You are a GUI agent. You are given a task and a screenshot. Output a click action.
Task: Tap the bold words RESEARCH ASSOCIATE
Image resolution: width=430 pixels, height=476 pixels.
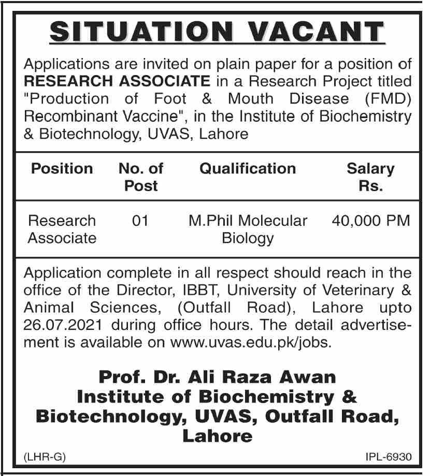click(118, 81)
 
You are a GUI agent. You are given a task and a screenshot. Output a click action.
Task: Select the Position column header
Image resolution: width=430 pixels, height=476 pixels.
click(62, 169)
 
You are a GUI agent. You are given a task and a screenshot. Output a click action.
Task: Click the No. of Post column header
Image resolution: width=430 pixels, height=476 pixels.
click(141, 177)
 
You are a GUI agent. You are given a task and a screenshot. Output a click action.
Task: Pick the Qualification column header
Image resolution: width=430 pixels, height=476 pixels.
click(248, 169)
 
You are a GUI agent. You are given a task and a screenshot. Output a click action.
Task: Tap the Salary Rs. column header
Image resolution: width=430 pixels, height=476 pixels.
click(370, 177)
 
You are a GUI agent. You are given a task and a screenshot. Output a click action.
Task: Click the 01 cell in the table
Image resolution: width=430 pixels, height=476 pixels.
click(140, 221)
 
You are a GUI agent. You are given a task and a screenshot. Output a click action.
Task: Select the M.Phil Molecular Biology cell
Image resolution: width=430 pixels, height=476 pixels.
click(248, 229)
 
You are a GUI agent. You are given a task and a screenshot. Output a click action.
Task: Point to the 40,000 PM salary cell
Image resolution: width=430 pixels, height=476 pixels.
click(370, 221)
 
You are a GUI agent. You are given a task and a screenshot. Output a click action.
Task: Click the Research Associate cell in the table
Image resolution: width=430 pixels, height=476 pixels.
click(62, 229)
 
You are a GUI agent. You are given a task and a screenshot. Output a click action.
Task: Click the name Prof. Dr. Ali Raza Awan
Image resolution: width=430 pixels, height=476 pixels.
click(217, 377)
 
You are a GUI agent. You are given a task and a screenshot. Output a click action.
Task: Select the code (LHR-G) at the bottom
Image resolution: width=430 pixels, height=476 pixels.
click(45, 457)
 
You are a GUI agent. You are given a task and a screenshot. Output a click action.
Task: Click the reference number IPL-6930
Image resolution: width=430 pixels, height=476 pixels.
click(388, 457)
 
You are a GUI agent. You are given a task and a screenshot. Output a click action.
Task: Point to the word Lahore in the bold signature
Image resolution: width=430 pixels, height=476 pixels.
click(217, 436)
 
